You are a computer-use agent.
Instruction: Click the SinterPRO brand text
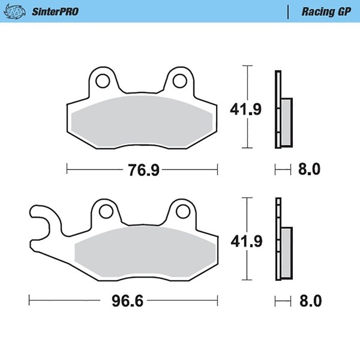pyautogui.click(x=55, y=11)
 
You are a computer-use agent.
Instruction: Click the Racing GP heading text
pyautogui.click(x=326, y=12)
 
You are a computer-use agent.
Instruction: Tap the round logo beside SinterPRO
pyautogui.click(x=14, y=11)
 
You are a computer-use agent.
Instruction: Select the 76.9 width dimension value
pyautogui.click(x=143, y=170)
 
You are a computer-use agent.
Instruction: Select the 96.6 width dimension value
pyautogui.click(x=127, y=301)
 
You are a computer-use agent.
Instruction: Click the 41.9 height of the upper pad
pyautogui.click(x=245, y=110)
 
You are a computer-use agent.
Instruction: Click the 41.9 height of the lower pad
pyautogui.click(x=247, y=241)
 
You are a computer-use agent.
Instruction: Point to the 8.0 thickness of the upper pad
pyautogui.click(x=309, y=169)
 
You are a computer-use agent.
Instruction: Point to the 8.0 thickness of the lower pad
pyautogui.click(x=310, y=301)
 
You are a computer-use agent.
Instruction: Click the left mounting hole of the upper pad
pyautogui.click(x=103, y=81)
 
